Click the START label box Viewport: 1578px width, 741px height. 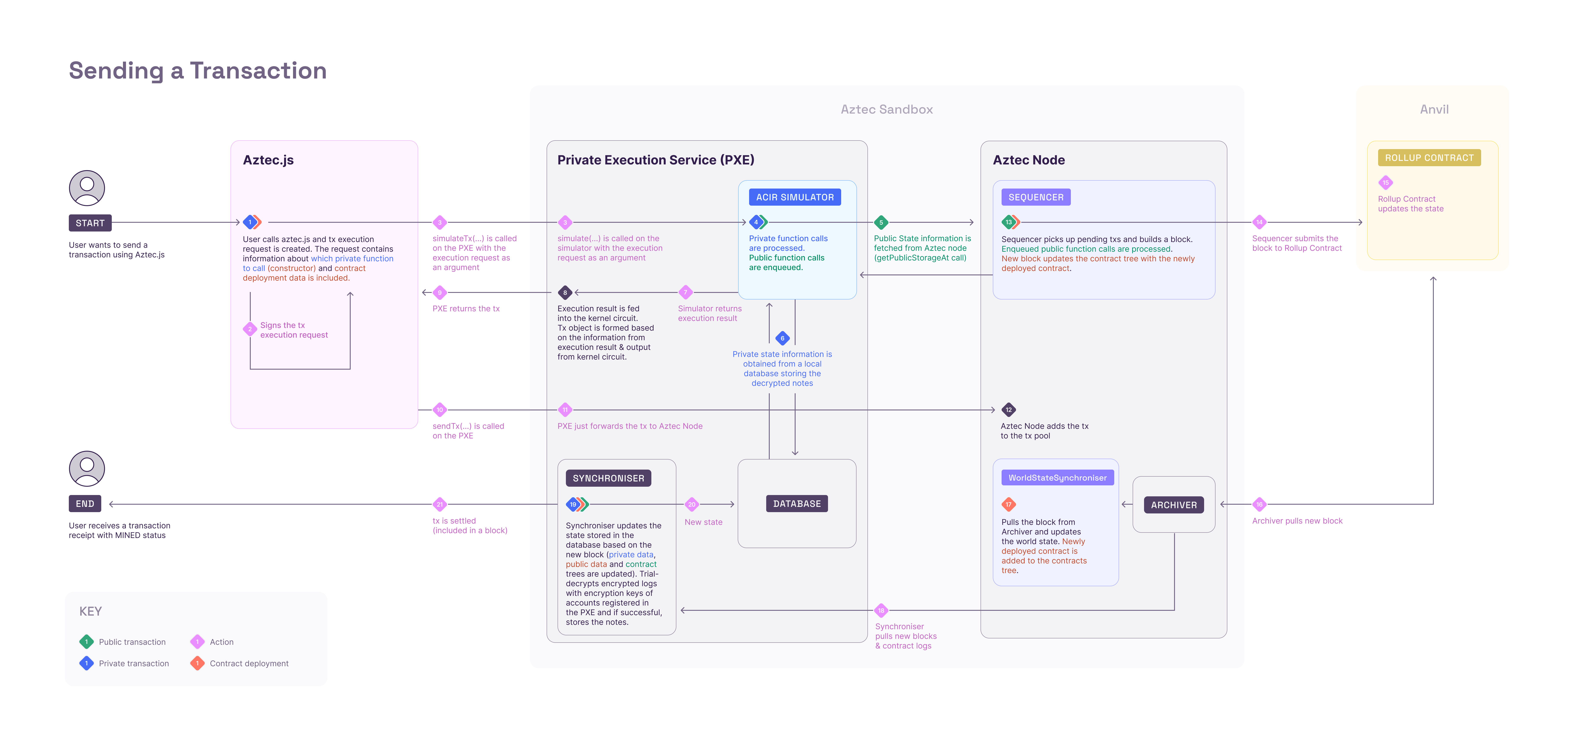[x=90, y=223]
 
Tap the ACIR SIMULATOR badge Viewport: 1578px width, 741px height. [x=794, y=197]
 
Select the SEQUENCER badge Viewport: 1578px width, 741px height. [x=1036, y=197]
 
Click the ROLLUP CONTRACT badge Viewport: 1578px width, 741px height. [x=1429, y=158]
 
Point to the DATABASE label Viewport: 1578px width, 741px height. [x=796, y=504]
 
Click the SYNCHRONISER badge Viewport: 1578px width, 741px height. [x=608, y=478]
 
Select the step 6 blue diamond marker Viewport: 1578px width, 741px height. [x=782, y=338]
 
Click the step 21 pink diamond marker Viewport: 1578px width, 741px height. [x=439, y=504]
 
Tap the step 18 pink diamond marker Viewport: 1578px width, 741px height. [x=881, y=611]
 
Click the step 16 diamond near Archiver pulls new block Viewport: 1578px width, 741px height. [x=1260, y=504]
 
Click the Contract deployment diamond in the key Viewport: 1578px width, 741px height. [x=197, y=663]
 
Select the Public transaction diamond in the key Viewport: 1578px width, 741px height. [x=86, y=642]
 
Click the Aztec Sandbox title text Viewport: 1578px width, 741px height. [x=886, y=110]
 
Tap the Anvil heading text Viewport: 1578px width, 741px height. [x=1434, y=110]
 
